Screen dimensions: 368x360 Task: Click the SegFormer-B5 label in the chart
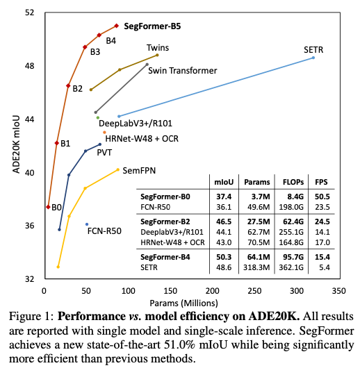click(x=152, y=26)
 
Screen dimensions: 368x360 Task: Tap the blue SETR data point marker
click(x=313, y=58)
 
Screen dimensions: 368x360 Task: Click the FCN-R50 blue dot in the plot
click(x=86, y=224)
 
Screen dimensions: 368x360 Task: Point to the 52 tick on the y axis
click(x=31, y=12)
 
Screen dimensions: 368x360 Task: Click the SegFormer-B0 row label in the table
click(x=165, y=197)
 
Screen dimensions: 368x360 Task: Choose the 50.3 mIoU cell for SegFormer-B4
click(x=224, y=257)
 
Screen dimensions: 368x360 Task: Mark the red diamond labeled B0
click(x=48, y=207)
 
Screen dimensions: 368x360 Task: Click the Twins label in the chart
click(x=157, y=47)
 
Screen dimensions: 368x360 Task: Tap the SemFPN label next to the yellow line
click(x=137, y=170)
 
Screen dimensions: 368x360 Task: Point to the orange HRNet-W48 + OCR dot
click(x=104, y=132)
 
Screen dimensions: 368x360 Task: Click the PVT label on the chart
click(x=105, y=151)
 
